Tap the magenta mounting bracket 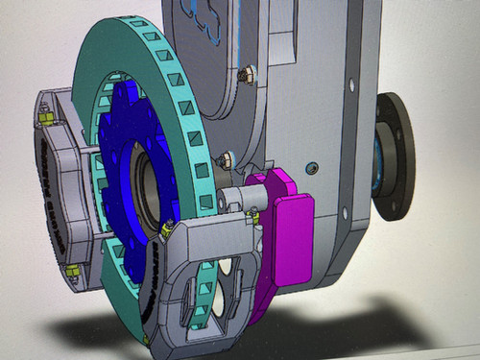coord(288,226)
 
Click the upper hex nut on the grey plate coord(247,73)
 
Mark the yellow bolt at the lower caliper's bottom coord(145,338)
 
